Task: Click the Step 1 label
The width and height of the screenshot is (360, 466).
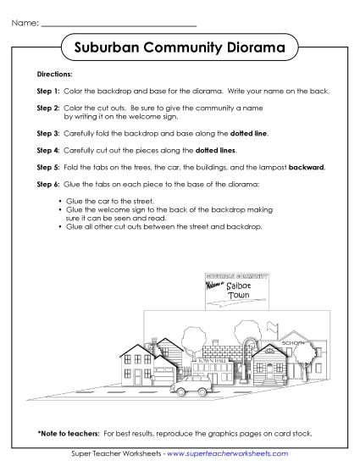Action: (48, 89)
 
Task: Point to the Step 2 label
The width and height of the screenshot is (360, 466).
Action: (48, 108)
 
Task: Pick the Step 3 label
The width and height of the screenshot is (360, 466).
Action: (48, 134)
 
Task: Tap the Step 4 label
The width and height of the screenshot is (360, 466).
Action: (48, 149)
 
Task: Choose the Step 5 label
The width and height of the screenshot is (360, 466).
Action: (48, 168)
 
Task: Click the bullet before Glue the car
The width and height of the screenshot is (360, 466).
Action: (61, 201)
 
